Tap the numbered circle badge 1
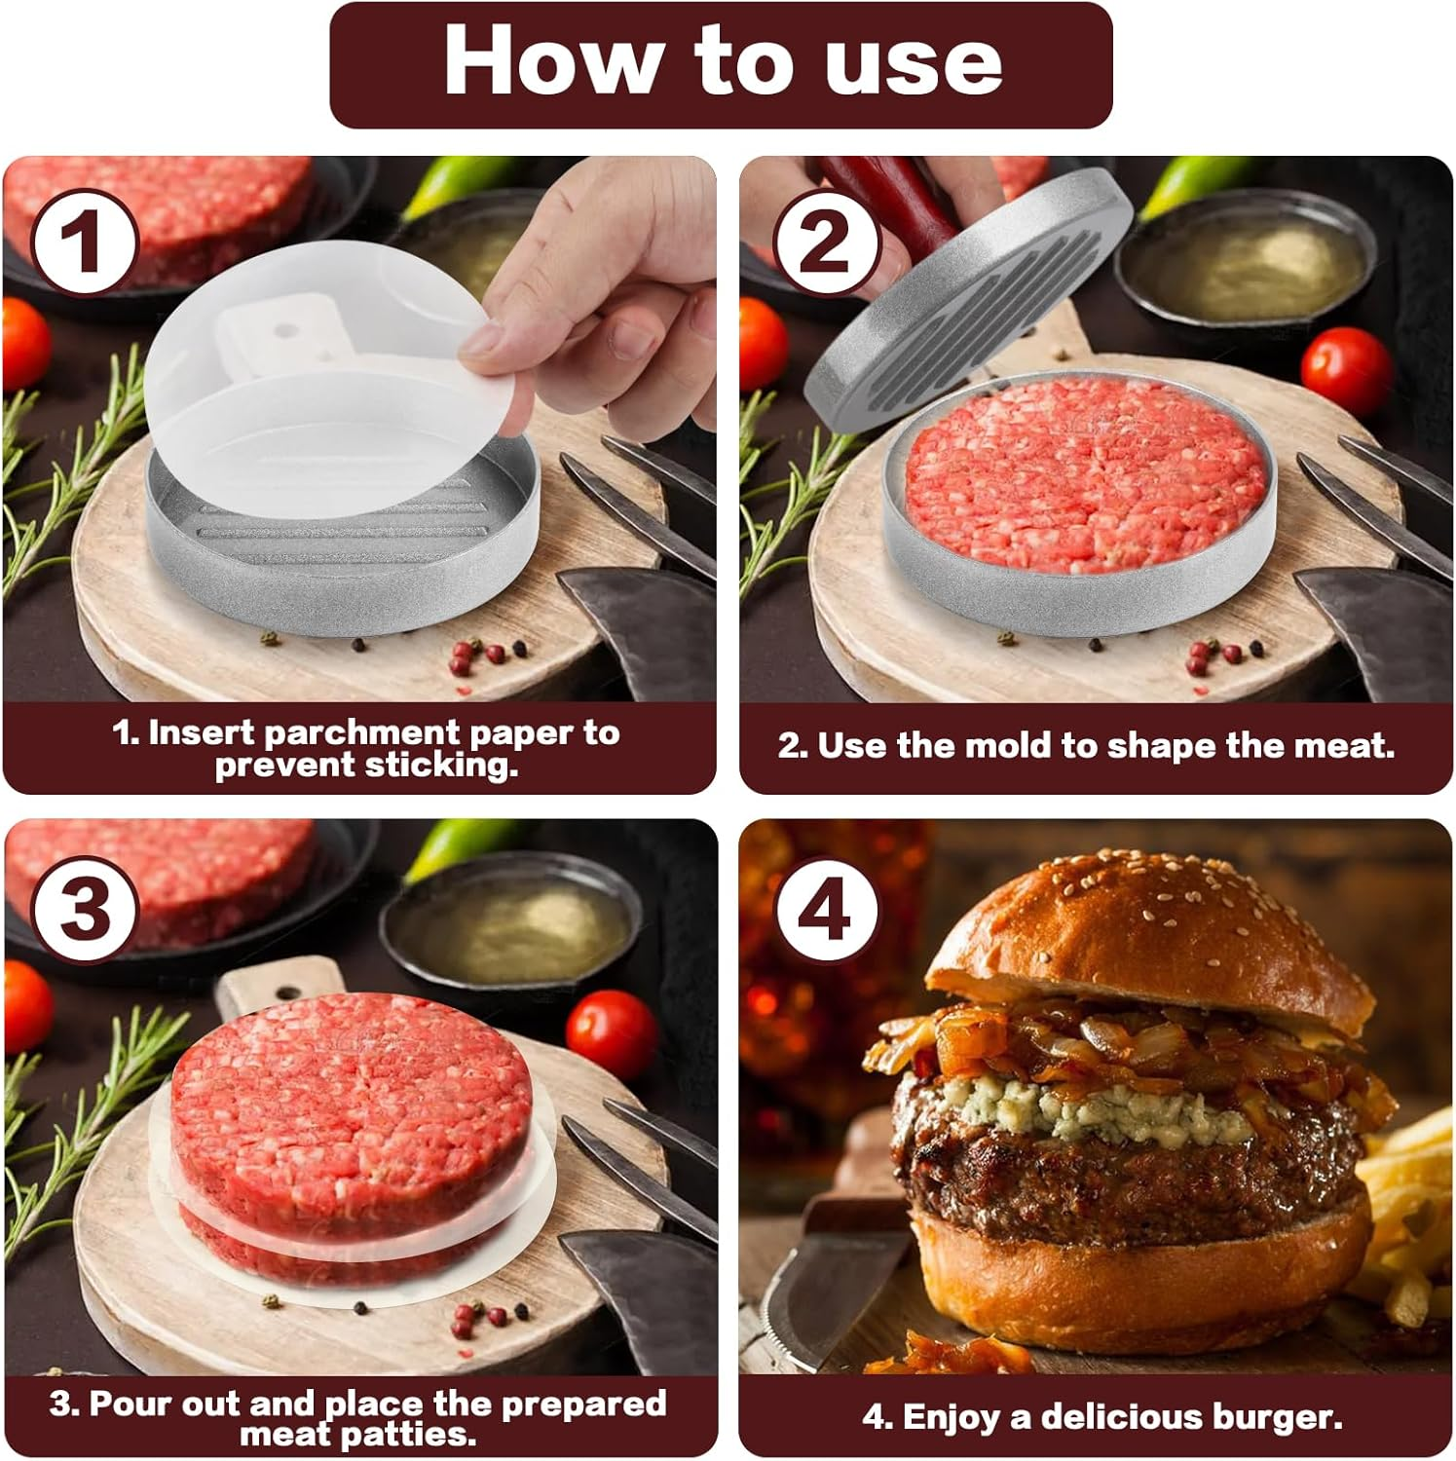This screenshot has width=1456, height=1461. [x=83, y=243]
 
